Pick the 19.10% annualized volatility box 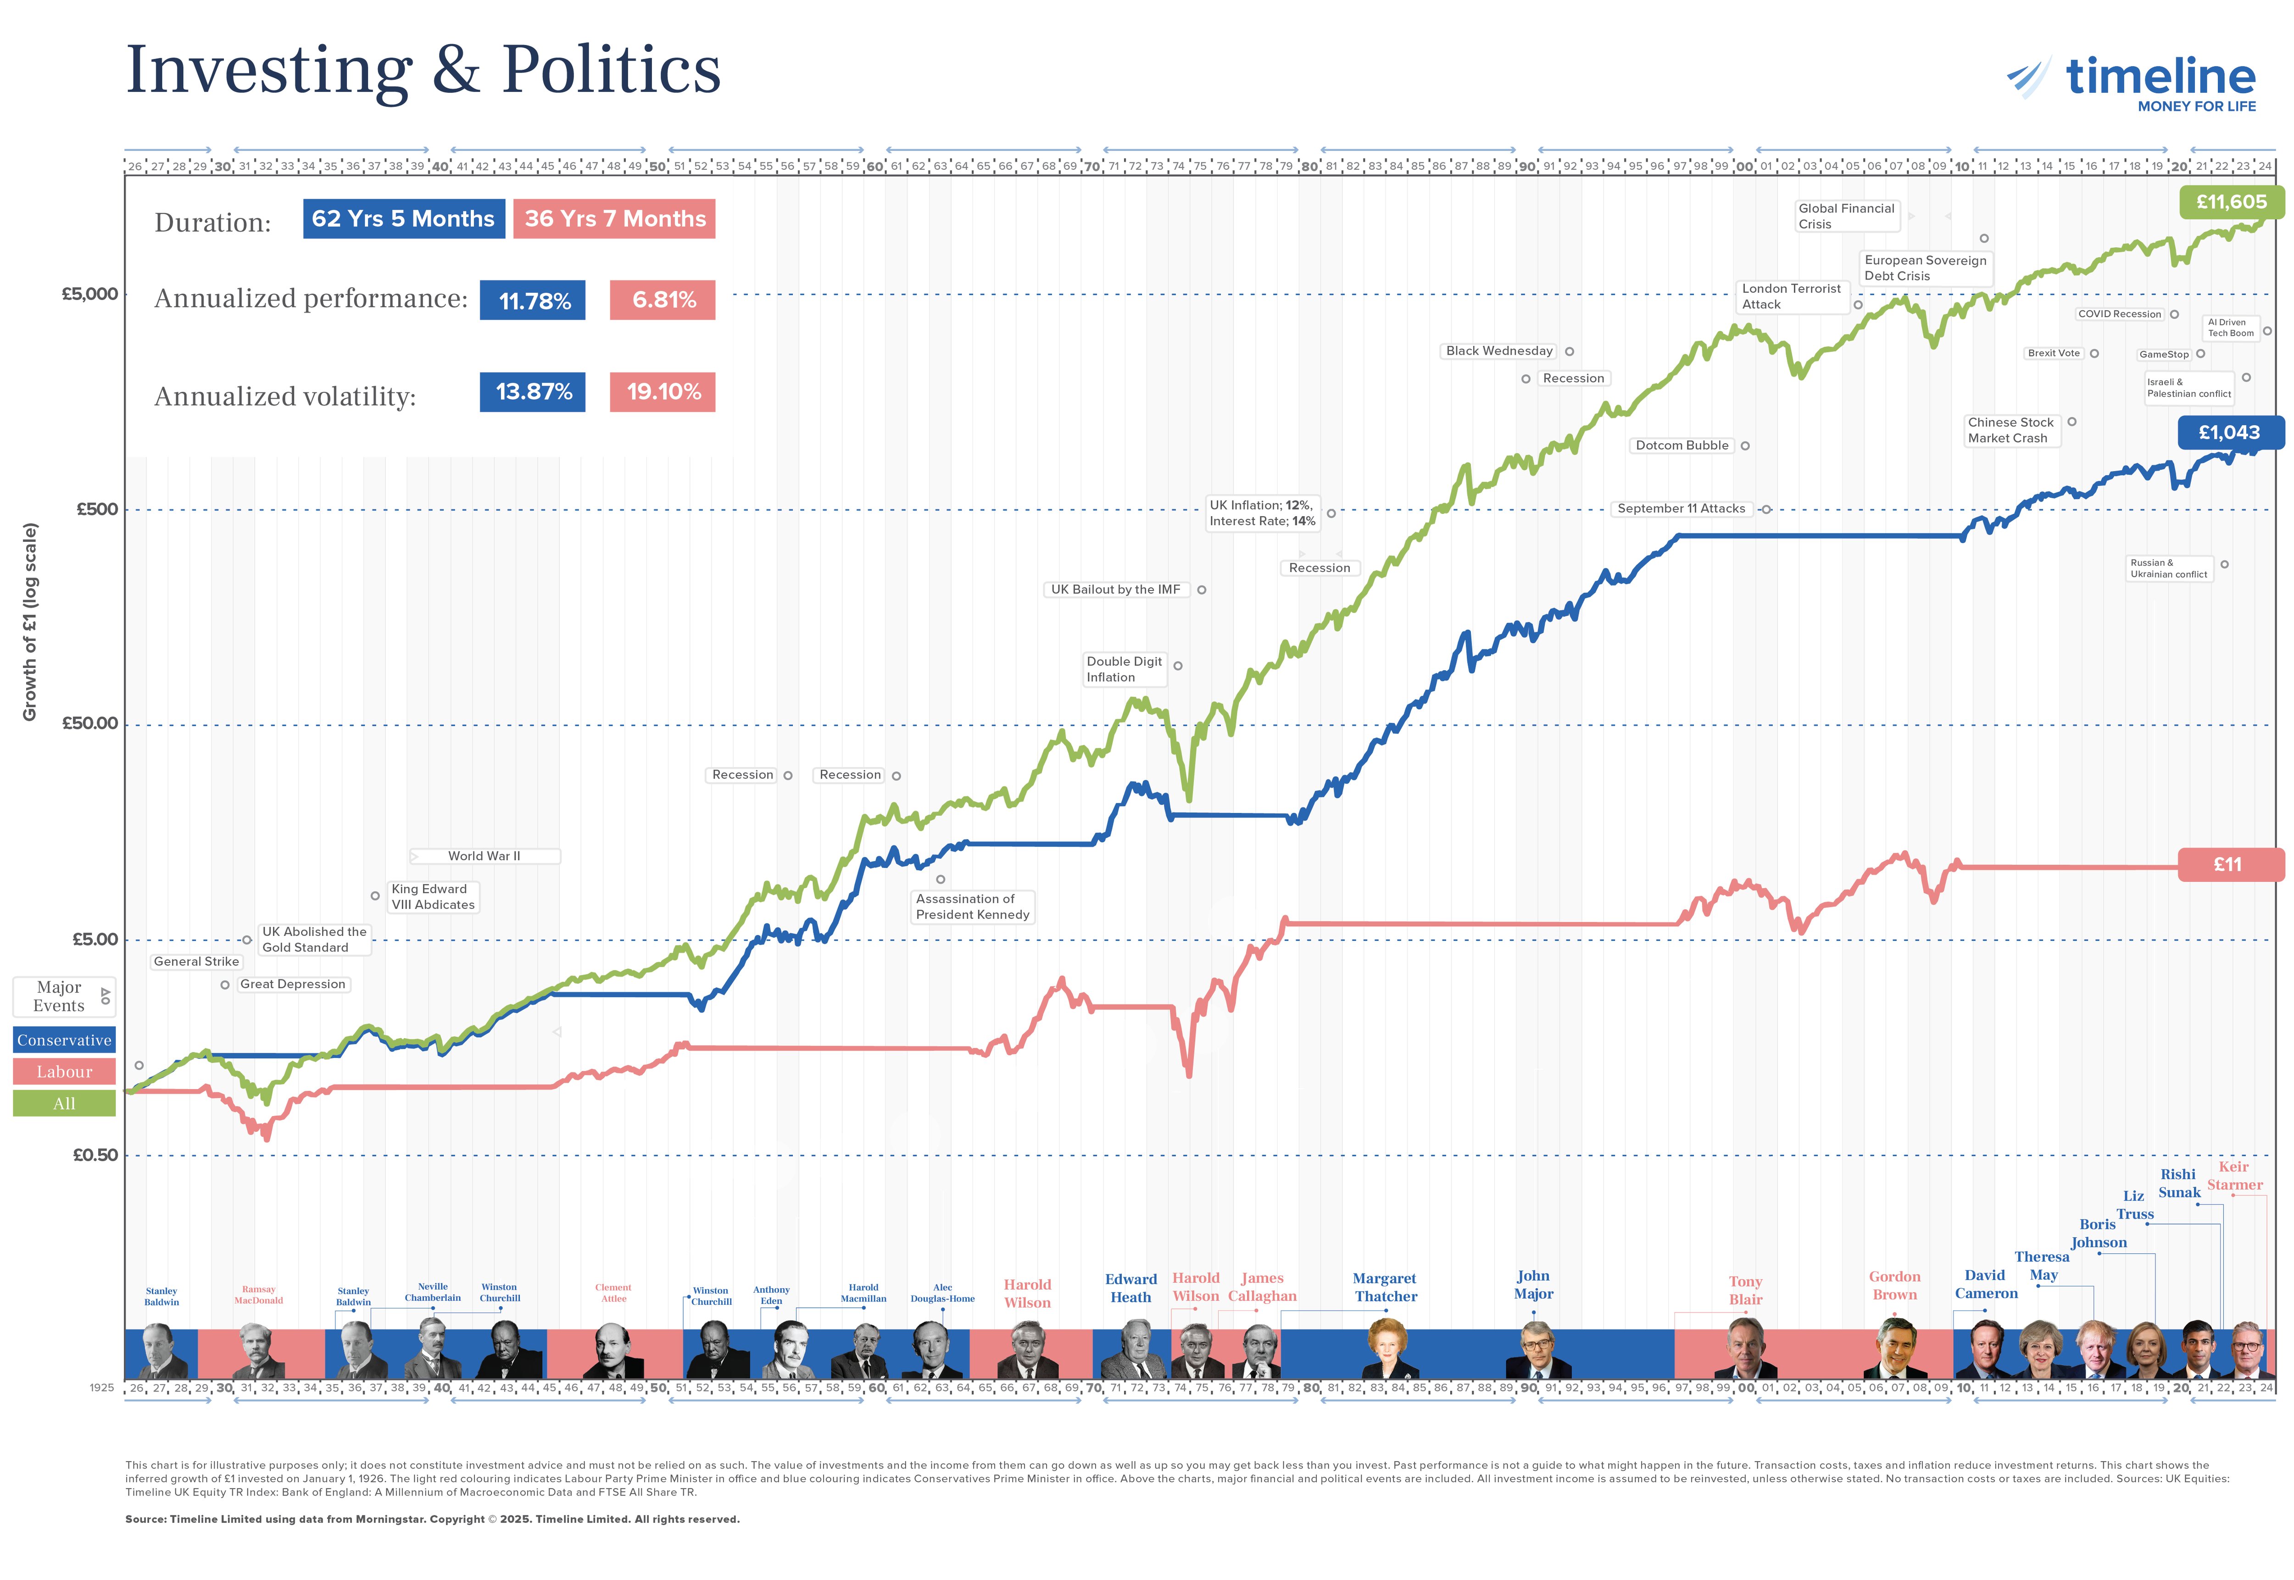click(663, 392)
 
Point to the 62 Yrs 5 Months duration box click(403, 219)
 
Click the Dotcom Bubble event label click(1681, 445)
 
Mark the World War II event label click(484, 857)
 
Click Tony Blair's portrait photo click(1744, 1350)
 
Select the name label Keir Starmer click(2233, 1176)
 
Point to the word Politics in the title click(611, 71)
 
